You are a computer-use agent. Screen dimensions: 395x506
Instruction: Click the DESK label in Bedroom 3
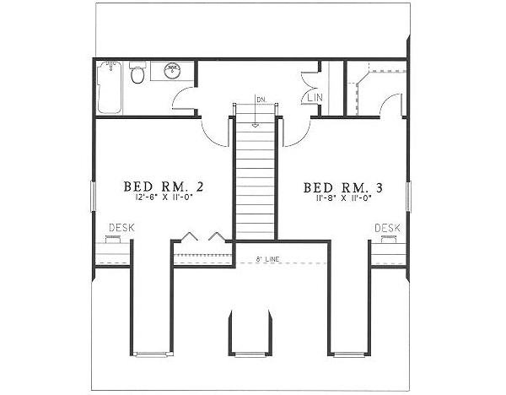[x=386, y=228]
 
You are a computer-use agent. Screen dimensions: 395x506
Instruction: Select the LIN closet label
[x=316, y=99]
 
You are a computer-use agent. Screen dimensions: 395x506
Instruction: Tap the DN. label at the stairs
[x=261, y=100]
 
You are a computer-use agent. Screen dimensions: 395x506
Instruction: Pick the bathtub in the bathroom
[x=109, y=88]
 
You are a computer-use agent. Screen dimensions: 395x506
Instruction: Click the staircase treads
[x=255, y=177]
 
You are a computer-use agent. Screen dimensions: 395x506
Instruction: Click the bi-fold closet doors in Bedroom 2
[x=202, y=237]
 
